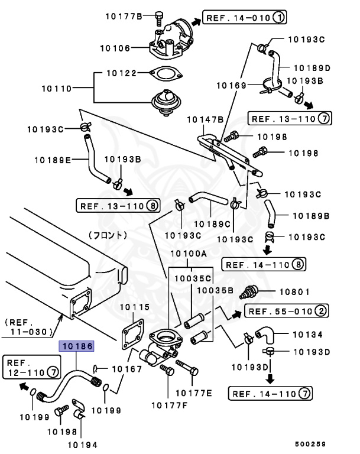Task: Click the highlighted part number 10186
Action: pyautogui.click(x=76, y=346)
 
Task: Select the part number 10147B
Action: pyautogui.click(x=205, y=119)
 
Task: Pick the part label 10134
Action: pyautogui.click(x=308, y=335)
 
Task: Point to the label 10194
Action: pyautogui.click(x=82, y=444)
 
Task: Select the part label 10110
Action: pyautogui.click(x=56, y=89)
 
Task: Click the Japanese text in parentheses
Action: pyautogui.click(x=108, y=234)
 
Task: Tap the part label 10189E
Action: pyautogui.click(x=53, y=159)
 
